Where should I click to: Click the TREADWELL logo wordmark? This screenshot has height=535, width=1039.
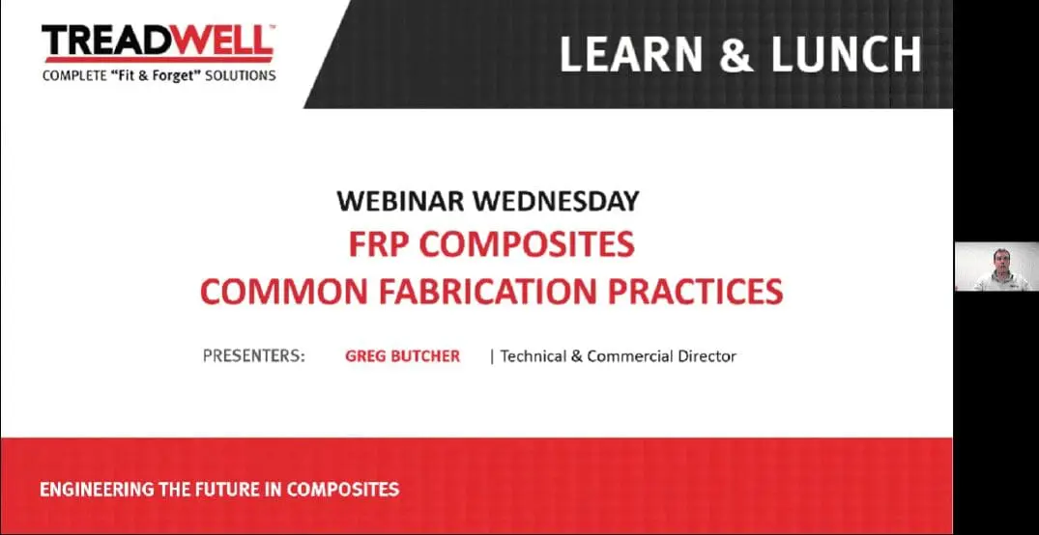point(158,42)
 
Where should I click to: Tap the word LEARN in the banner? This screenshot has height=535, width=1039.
point(630,54)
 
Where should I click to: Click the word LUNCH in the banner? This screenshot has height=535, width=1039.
point(846,54)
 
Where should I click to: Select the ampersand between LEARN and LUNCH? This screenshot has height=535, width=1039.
point(736,54)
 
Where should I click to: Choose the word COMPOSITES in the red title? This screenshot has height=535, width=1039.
point(527,245)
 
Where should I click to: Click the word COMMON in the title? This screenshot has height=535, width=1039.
point(283,292)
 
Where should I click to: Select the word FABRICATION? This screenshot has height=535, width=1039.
point(487,292)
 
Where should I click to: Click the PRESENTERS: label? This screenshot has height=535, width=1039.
point(254,356)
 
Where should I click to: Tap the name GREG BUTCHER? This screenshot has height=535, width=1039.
point(402,356)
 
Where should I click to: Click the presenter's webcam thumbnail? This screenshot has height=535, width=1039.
point(996,267)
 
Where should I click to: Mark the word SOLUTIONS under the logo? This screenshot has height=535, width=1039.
point(240,75)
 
